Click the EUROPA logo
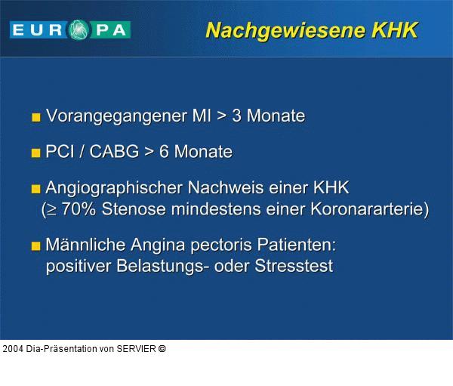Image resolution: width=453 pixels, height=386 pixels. pyautogui.click(x=70, y=29)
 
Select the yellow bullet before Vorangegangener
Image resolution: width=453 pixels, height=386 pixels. pyautogui.click(x=35, y=118)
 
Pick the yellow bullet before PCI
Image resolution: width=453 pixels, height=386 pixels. pyautogui.click(x=35, y=153)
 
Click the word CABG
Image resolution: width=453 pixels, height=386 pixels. pyautogui.click(x=114, y=152)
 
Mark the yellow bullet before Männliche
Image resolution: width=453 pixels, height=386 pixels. pyautogui.click(x=35, y=246)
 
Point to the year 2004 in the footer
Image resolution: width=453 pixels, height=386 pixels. pyautogui.click(x=13, y=349)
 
